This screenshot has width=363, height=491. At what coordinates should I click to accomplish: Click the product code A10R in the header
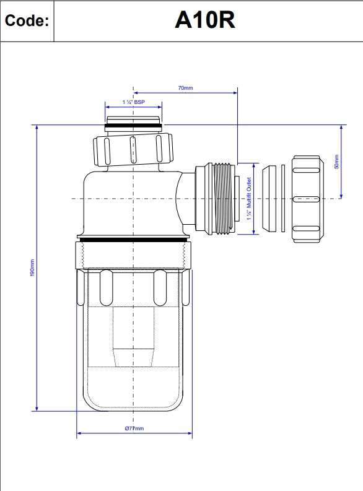point(204,20)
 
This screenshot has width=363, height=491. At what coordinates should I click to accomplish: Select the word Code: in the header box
point(27,21)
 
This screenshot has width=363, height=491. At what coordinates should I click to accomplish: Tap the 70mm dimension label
point(185,89)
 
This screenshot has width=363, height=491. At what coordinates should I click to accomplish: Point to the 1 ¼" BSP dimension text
point(133,100)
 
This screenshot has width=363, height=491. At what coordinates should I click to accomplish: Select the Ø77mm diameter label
point(134,428)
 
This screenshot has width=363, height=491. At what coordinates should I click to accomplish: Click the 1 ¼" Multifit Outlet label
point(248,199)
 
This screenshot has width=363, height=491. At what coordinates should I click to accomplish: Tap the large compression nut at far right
point(307,199)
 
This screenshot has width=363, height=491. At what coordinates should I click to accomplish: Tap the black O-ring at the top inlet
point(134,128)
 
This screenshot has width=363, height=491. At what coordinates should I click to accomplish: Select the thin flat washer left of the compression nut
point(283,199)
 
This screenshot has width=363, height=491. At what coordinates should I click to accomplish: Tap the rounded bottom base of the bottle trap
point(133,402)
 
